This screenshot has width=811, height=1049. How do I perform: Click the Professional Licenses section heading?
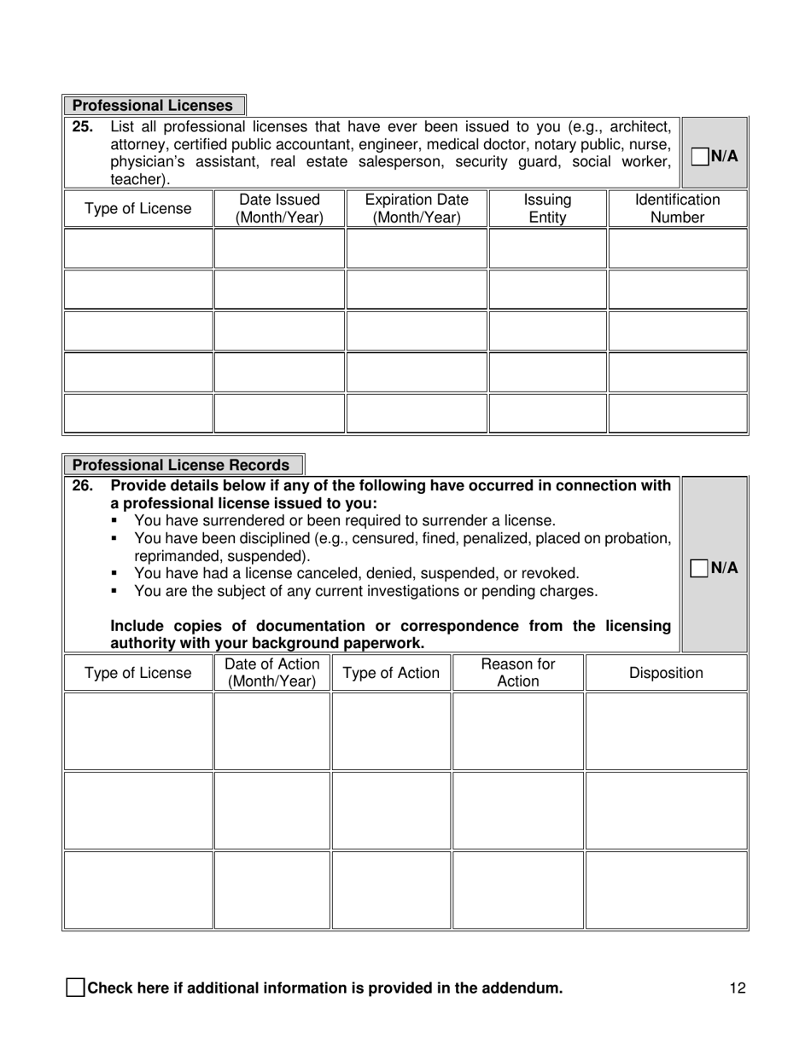(x=153, y=106)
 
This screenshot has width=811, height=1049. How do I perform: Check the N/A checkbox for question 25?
(x=699, y=156)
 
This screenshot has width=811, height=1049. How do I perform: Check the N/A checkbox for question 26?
(x=699, y=568)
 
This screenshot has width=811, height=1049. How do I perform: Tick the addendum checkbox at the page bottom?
(x=75, y=988)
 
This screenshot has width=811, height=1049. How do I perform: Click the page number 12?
(x=738, y=988)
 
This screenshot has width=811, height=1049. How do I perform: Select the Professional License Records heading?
(x=181, y=466)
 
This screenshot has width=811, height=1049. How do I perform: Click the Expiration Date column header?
(x=417, y=209)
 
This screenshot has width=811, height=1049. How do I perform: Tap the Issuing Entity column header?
(x=547, y=209)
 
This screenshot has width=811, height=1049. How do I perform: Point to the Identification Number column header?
(x=677, y=209)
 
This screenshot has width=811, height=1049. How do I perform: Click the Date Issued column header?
(x=279, y=209)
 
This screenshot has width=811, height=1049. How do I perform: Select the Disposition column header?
(x=666, y=673)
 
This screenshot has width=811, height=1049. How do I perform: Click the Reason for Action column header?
(x=518, y=673)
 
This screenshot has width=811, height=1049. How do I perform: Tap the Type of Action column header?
(x=391, y=673)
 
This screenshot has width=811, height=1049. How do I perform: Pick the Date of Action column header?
(x=271, y=673)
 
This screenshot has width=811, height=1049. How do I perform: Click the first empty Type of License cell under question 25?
(x=138, y=249)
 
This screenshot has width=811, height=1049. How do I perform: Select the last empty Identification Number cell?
(x=677, y=414)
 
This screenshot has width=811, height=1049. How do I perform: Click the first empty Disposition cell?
(x=666, y=731)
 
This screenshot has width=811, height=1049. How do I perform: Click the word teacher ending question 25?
(x=139, y=180)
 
